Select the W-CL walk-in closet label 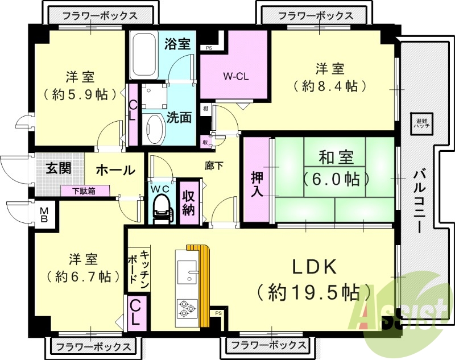[x=234, y=76]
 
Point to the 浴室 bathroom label [x=177, y=44]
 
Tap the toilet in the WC [x=162, y=205]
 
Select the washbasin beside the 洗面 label [x=152, y=129]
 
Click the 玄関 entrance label [x=59, y=169]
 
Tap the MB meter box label [x=44, y=215]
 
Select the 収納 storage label [x=189, y=202]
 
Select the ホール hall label [x=115, y=169]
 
